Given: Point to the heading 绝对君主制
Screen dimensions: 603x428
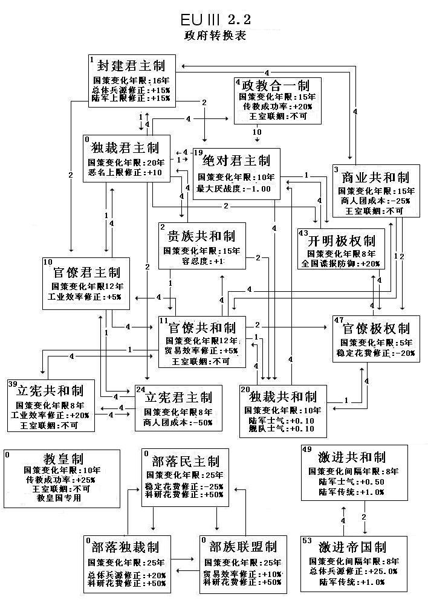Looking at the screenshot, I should pos(236,161).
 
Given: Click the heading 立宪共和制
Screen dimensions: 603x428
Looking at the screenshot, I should pos(50,389).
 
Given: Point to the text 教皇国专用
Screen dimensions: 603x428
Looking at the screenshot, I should pos(58,498).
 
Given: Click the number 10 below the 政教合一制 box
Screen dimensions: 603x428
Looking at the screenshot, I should pos(256,132).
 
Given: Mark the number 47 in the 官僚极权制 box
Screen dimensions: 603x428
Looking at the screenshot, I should pos(339,320).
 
